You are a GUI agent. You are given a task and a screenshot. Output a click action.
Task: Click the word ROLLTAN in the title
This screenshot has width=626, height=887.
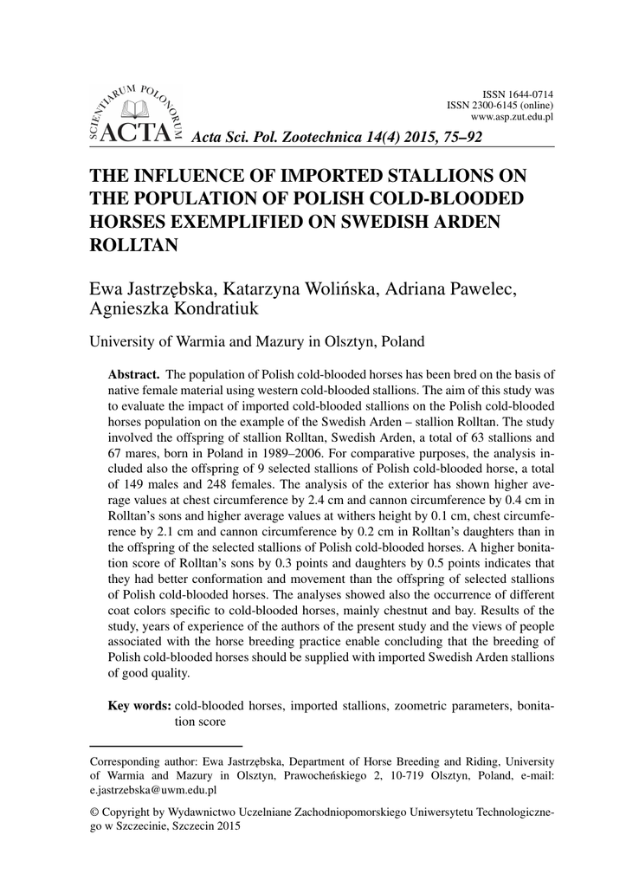[x=134, y=245]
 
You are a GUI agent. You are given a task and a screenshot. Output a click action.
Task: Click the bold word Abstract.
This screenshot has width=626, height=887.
[x=132, y=374]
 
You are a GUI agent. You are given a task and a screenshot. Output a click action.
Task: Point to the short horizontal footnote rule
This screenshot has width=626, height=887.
[x=166, y=745]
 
